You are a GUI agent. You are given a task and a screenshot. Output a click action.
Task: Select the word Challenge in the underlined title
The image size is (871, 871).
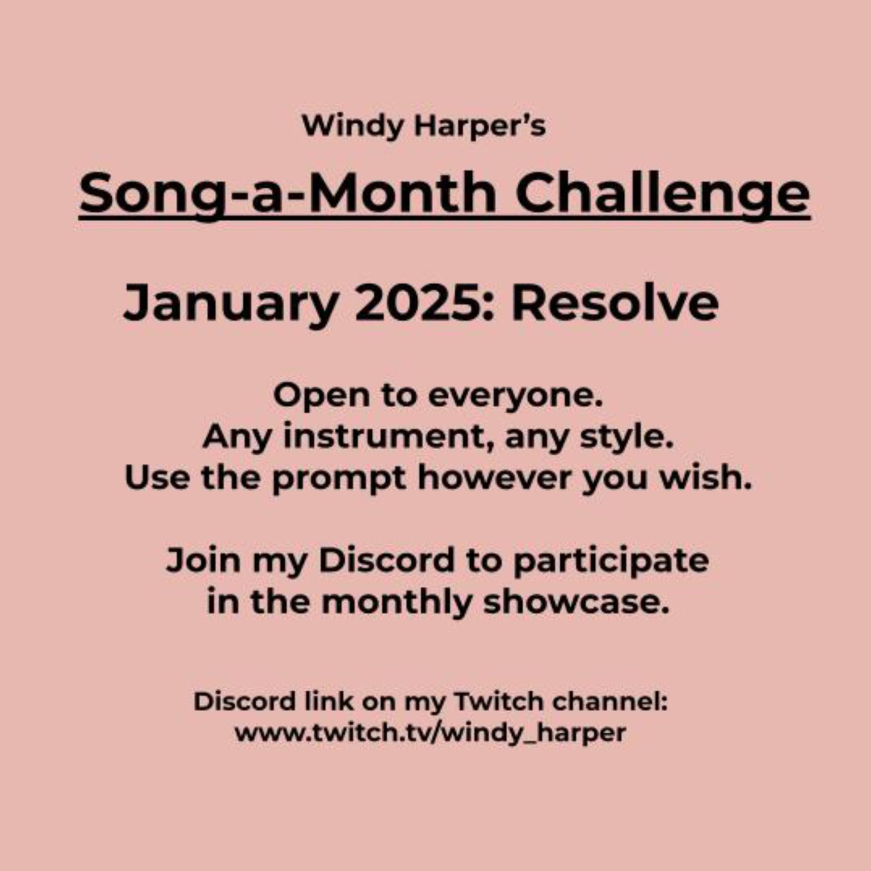[662, 193]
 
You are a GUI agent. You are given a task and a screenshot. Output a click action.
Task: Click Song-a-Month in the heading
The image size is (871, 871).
[288, 193]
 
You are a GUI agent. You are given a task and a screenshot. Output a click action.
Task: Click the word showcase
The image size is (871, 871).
[576, 602]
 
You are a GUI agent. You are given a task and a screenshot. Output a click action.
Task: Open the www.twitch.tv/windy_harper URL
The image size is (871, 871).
[430, 733]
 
